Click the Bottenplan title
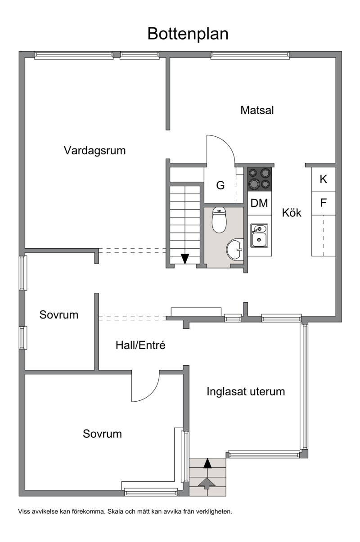[x=188, y=34]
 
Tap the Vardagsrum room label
[x=94, y=150]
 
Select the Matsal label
[x=257, y=110]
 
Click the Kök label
[x=292, y=213]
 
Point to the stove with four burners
[x=260, y=179]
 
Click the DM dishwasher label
[x=259, y=203]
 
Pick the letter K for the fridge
[x=323, y=179]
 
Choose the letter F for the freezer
[x=323, y=203]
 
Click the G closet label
[x=220, y=185]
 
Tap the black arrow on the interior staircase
[x=185, y=259]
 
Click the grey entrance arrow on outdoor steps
[x=207, y=484]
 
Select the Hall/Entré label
[x=141, y=345]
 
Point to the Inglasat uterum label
[x=246, y=391]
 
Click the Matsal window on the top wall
[x=250, y=55]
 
